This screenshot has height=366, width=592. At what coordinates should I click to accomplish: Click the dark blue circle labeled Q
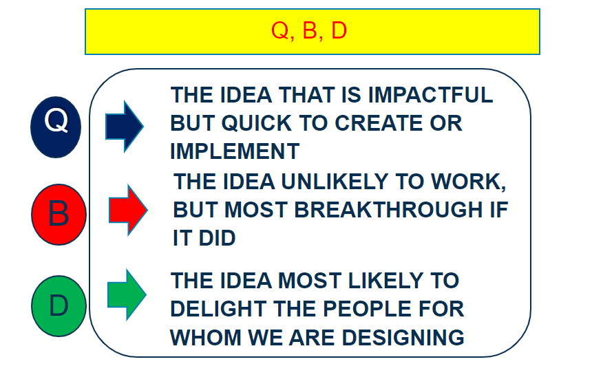coord(56,127)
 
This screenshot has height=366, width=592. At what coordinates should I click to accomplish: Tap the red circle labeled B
coord(59,215)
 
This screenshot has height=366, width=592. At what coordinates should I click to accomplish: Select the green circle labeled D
coord(59,306)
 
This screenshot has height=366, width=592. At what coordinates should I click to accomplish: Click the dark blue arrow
coord(124,127)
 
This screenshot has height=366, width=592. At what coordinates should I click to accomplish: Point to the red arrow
coord(128,210)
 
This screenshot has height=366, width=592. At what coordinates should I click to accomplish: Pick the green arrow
coord(127,294)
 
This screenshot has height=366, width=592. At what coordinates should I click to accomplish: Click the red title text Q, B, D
coord(309,30)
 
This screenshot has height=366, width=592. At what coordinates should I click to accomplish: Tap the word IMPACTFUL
coord(430,95)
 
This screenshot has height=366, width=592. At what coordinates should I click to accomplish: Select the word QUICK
coord(257,123)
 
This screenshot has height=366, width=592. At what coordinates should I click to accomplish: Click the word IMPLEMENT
coord(235,151)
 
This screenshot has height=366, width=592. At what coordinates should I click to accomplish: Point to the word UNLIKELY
coord(335,182)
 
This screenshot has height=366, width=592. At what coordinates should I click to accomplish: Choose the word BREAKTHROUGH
coord(388,210)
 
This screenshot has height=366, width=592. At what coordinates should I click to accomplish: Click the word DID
coord(217,238)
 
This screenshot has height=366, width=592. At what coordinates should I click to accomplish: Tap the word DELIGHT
coord(218,309)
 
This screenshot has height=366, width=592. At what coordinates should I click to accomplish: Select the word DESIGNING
coord(403,337)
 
